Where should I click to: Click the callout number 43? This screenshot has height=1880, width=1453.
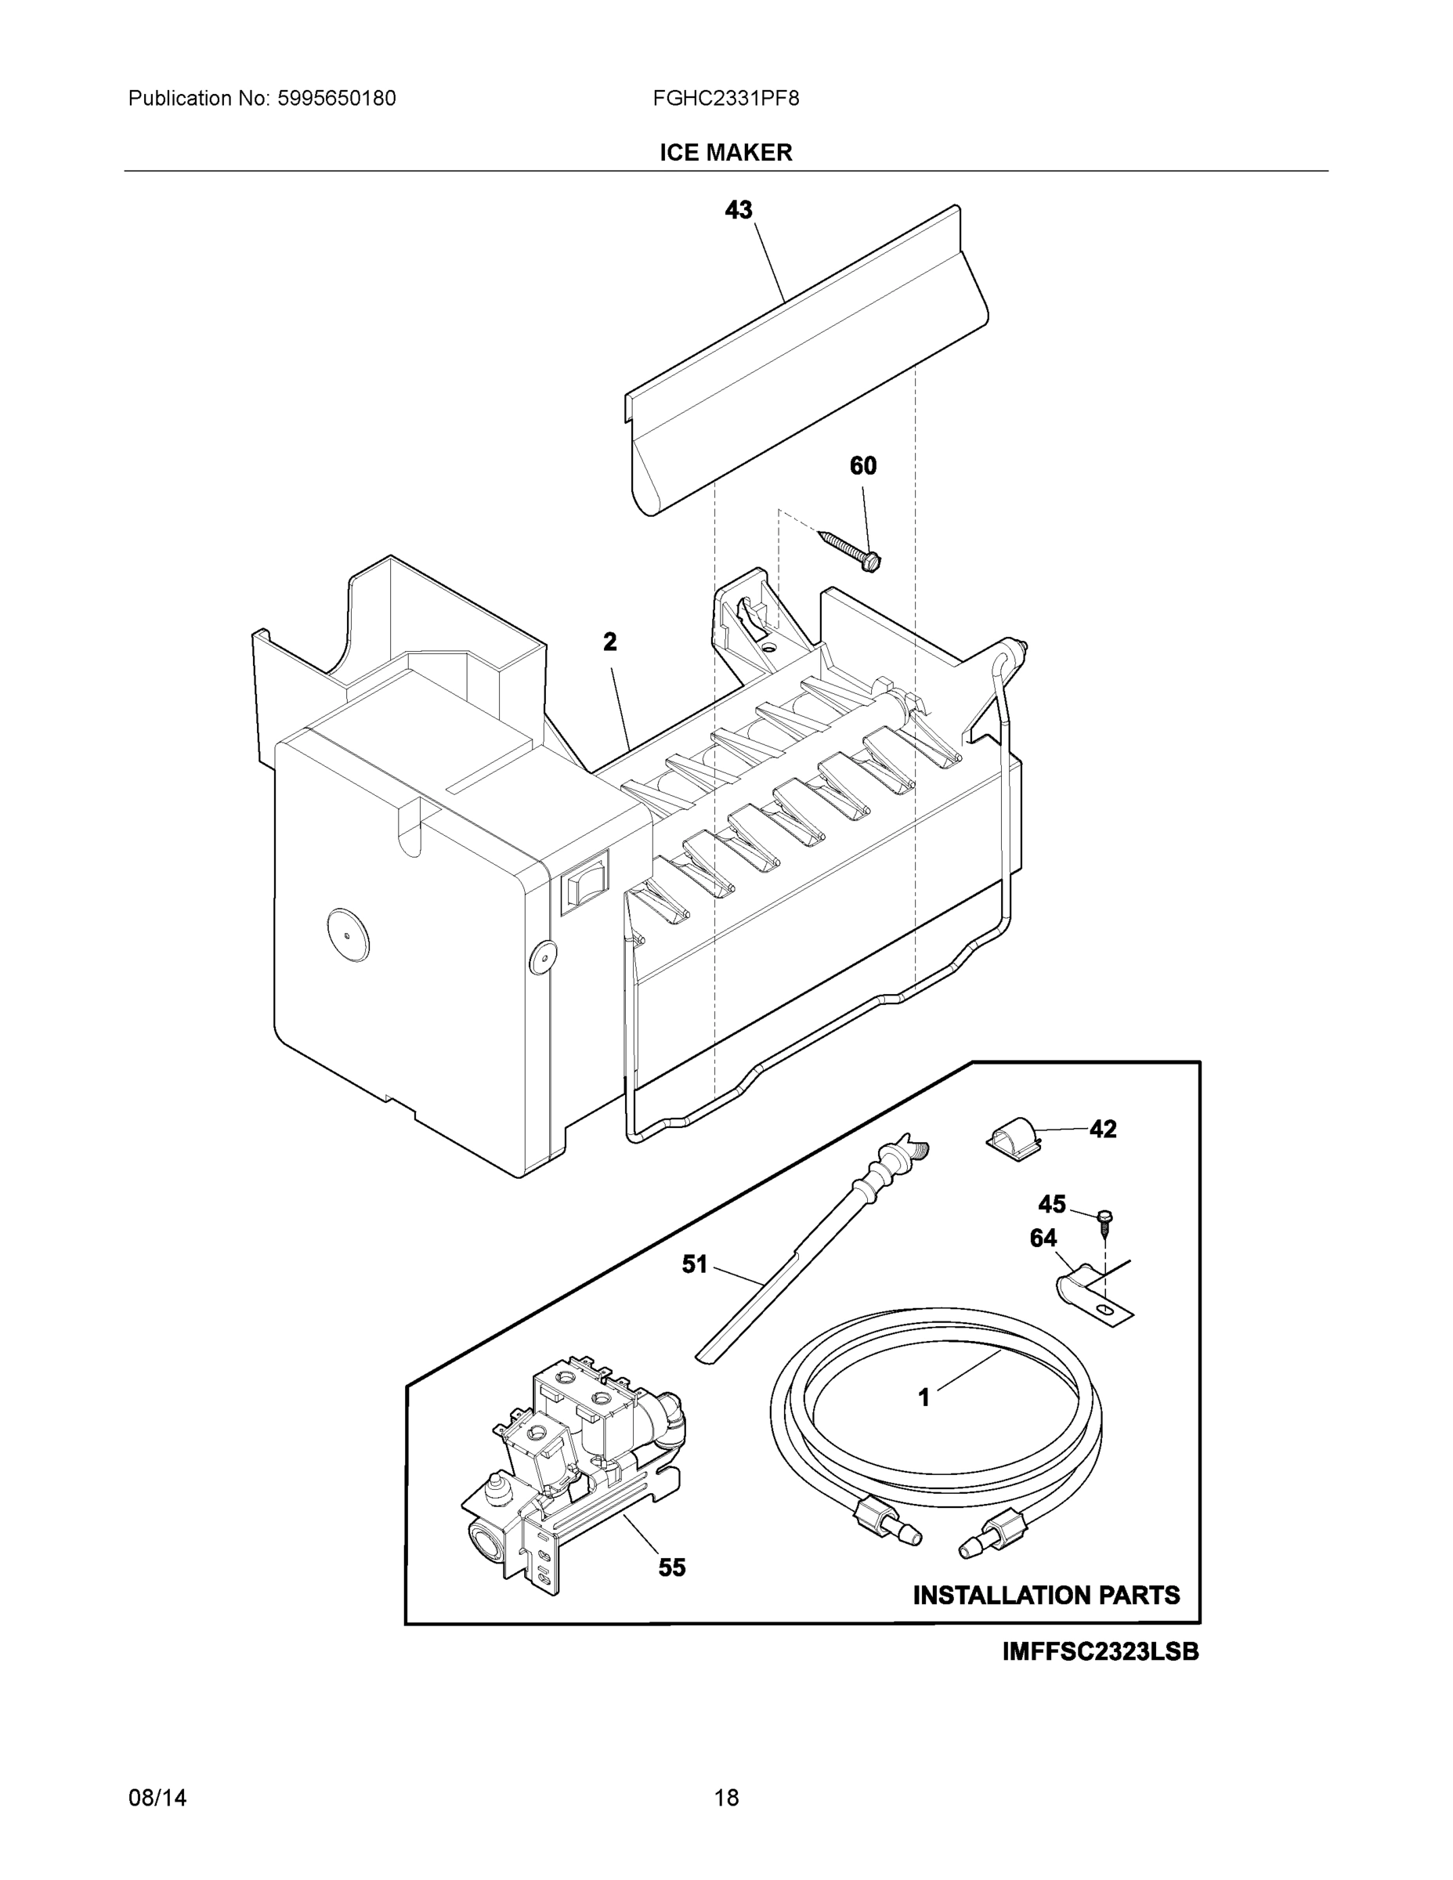[739, 209]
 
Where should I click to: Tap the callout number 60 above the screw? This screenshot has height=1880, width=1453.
[862, 466]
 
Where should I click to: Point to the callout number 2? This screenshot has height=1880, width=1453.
[609, 642]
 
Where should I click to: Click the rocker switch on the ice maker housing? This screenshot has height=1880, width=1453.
[585, 880]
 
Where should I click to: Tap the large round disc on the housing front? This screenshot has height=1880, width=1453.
[347, 935]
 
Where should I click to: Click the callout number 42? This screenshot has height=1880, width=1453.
[1103, 1129]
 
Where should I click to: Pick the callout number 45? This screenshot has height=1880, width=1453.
[1052, 1203]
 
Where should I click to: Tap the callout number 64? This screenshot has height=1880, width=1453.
[1043, 1238]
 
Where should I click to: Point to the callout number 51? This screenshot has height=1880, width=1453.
[695, 1264]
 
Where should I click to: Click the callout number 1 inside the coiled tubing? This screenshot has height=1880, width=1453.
[923, 1398]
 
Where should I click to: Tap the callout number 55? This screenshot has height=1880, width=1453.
[672, 1567]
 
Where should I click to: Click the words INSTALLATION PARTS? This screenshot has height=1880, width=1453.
[1046, 1595]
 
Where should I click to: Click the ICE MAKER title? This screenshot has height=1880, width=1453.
[725, 153]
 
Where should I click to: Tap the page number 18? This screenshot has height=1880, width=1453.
[727, 1799]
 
